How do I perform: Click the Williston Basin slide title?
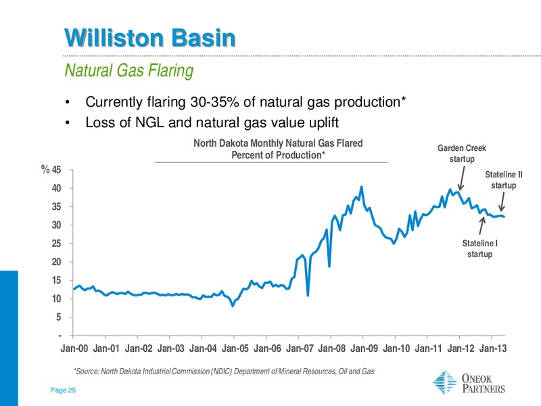click(x=149, y=38)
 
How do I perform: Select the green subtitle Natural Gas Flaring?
click(x=129, y=70)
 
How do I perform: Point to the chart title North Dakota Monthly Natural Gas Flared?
click(x=278, y=143)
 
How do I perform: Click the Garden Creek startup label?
click(x=462, y=154)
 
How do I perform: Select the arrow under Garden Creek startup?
click(x=462, y=178)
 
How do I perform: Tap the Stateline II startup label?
click(x=504, y=180)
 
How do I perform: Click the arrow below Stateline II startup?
click(x=502, y=202)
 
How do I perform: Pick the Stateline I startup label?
click(x=480, y=248)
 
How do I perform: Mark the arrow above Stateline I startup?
click(x=481, y=225)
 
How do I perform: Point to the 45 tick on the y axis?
click(x=56, y=170)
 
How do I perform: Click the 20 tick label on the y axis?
click(x=56, y=262)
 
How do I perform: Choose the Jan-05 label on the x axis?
click(x=235, y=348)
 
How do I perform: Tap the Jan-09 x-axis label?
click(x=364, y=348)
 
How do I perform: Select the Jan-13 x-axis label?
click(x=493, y=348)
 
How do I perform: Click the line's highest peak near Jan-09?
click(x=361, y=187)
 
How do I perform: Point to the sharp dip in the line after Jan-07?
click(x=308, y=295)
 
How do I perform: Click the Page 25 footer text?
click(x=63, y=390)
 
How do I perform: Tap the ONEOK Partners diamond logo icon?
click(x=445, y=382)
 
